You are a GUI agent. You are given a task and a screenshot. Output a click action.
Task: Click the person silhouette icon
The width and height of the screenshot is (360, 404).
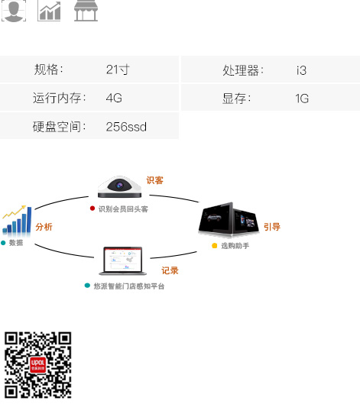pyautogui.click(x=14, y=11)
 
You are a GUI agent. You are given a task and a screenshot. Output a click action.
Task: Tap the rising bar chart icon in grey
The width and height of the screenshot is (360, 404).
pyautogui.click(x=49, y=11)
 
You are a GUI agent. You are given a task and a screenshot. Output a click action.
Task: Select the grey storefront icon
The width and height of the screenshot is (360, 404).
pyautogui.click(x=86, y=11)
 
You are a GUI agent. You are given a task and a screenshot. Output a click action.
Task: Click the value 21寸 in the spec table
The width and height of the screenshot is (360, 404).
pyautogui.click(x=118, y=69)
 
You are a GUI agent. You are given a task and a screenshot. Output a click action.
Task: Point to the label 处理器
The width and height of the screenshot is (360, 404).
pyautogui.click(x=241, y=70)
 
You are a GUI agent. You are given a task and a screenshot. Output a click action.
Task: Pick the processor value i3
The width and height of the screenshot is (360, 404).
pyautogui.click(x=301, y=70)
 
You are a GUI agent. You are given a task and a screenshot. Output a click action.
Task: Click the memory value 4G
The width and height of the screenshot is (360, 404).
pyautogui.click(x=114, y=99)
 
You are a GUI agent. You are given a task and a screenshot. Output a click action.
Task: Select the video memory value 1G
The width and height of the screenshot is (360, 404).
pyautogui.click(x=302, y=99)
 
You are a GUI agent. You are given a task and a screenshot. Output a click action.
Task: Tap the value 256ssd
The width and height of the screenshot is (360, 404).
pyautogui.click(x=126, y=127)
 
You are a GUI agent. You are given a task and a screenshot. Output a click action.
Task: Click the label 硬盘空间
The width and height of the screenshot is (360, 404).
pyautogui.click(x=57, y=127)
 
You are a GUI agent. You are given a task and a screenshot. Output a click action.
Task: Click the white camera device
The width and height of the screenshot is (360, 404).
pyautogui.click(x=119, y=187)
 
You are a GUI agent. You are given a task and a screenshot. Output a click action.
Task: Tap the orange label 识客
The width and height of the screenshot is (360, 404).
pyautogui.click(x=154, y=180)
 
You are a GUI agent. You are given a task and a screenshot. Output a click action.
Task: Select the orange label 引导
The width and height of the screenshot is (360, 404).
pyautogui.click(x=272, y=227)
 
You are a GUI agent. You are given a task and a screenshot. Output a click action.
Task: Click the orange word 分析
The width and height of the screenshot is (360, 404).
pyautogui.click(x=44, y=227)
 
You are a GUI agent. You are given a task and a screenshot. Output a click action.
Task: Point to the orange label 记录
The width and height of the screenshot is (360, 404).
pyautogui.click(x=170, y=270)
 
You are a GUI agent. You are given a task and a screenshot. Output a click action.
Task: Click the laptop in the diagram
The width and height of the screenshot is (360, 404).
pyautogui.click(x=123, y=260)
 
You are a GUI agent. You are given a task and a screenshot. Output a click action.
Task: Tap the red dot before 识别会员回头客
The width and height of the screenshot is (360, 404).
pyautogui.click(x=92, y=208)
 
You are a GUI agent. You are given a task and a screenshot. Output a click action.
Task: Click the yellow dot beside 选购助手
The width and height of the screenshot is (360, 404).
pyautogui.click(x=214, y=246)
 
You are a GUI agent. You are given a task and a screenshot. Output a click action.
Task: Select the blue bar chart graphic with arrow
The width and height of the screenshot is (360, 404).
pyautogui.click(x=17, y=221)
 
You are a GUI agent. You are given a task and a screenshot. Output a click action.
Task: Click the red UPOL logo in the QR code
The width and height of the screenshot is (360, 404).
pyautogui.click(x=37, y=364)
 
